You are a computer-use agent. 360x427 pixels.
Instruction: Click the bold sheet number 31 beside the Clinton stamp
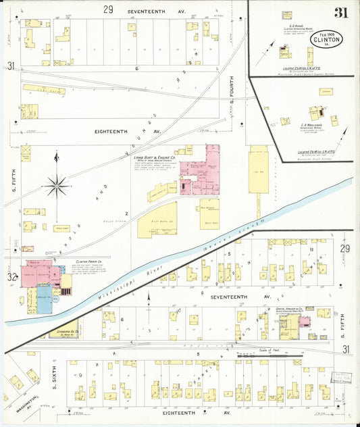pyautogui.click(x=341, y=11)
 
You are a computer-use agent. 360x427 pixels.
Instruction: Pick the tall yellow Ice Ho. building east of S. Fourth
pyautogui.click(x=259, y=172)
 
